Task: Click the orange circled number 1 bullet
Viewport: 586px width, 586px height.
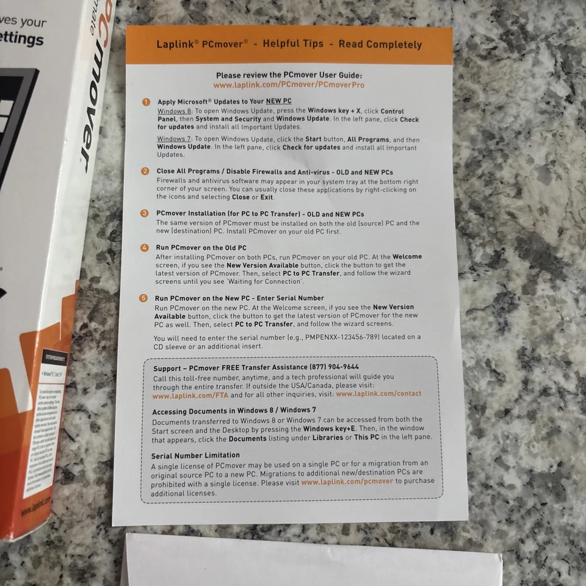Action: (x=146, y=101)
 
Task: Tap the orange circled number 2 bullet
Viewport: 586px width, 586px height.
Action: (x=145, y=172)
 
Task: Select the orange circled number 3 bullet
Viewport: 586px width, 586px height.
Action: (x=145, y=214)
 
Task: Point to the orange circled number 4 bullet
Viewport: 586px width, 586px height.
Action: (x=145, y=248)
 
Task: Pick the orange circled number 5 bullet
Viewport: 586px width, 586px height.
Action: (x=143, y=298)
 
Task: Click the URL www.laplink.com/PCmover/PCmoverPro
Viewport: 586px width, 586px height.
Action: (x=289, y=85)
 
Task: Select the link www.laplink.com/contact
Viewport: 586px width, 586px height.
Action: (x=378, y=394)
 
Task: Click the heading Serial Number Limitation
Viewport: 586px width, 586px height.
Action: (x=195, y=455)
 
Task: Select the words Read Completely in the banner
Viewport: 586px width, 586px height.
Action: (x=380, y=45)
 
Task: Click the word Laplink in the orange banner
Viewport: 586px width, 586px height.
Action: (x=173, y=45)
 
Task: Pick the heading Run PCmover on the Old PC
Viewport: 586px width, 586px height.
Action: (x=201, y=248)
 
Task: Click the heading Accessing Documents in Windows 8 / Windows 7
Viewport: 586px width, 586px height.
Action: (x=234, y=411)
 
